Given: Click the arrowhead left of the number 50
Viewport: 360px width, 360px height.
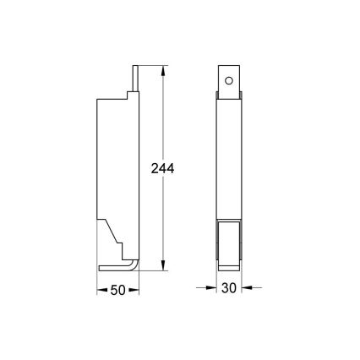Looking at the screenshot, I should pos(101,290).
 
